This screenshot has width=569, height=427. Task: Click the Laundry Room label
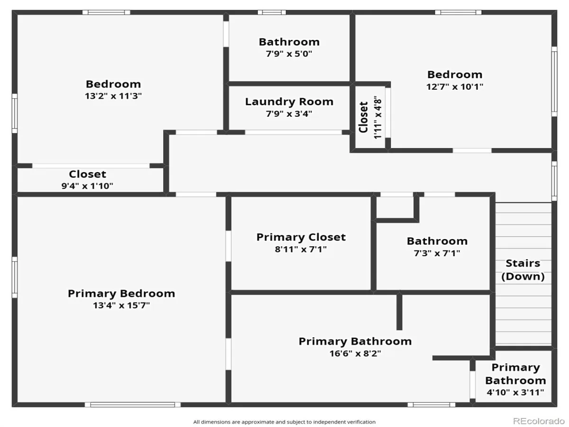(289, 102)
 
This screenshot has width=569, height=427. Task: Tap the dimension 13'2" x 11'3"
(113, 96)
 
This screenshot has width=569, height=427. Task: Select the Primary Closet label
(301, 237)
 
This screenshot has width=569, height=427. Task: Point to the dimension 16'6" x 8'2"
(355, 353)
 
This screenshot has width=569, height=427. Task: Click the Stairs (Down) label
(523, 269)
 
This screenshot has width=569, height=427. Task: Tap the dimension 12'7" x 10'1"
(455, 86)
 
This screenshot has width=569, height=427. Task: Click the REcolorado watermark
(539, 421)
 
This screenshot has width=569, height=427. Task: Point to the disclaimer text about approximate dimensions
(284, 422)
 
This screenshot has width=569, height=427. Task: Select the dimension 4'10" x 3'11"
(515, 392)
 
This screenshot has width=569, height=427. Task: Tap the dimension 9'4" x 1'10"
(87, 186)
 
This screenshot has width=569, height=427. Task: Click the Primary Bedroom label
(121, 294)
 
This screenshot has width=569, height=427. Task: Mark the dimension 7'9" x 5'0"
(289, 54)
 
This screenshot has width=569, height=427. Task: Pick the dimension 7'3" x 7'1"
(437, 253)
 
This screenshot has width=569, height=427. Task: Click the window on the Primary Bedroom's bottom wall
(132, 405)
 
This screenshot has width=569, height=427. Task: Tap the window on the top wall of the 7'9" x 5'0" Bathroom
(272, 12)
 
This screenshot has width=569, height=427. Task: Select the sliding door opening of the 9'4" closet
(91, 166)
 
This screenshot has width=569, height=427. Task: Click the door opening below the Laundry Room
(294, 132)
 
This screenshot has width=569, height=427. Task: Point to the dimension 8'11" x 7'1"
(301, 249)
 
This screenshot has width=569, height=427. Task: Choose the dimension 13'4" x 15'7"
(121, 305)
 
